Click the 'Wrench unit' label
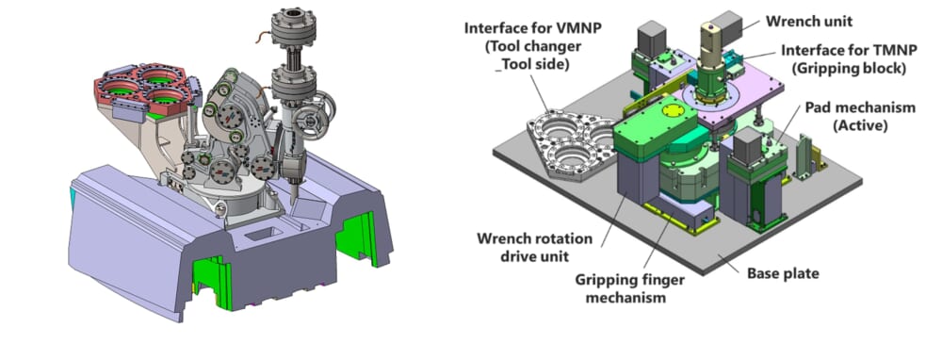point(808,22)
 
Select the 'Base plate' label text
point(783,274)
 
